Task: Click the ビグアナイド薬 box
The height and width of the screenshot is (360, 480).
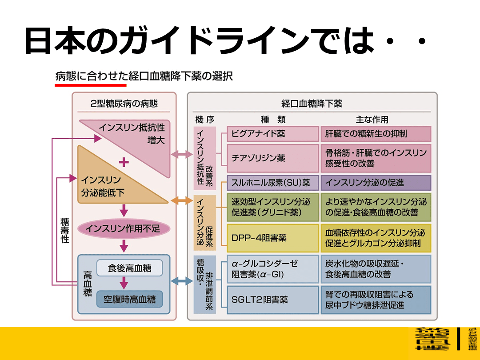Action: point(272,134)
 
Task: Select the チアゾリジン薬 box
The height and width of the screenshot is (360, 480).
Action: point(272,158)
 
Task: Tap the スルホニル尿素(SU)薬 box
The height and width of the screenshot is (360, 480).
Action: point(272,183)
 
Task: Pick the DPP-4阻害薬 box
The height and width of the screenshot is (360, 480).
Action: point(272,238)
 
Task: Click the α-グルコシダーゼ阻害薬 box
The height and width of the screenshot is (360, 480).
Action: point(272,269)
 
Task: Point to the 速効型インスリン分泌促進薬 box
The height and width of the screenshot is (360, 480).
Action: point(272,207)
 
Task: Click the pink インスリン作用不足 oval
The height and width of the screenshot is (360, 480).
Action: point(124,229)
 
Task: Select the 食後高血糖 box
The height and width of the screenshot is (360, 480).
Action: point(129,268)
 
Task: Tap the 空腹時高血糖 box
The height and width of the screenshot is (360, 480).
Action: point(129,299)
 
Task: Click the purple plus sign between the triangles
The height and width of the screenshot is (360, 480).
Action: point(124,163)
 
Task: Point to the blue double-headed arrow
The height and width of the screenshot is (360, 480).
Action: point(181,281)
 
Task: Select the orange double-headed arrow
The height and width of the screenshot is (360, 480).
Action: point(181,201)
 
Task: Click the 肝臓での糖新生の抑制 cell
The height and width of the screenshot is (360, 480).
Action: point(376,134)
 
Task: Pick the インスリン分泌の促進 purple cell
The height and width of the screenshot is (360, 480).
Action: point(376,183)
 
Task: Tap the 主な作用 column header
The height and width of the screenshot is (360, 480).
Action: point(372,120)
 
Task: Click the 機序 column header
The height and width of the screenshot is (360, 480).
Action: point(205,120)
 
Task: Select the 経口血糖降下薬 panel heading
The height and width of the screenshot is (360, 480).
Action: point(312,104)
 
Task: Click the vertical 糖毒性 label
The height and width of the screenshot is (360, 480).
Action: point(65,230)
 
